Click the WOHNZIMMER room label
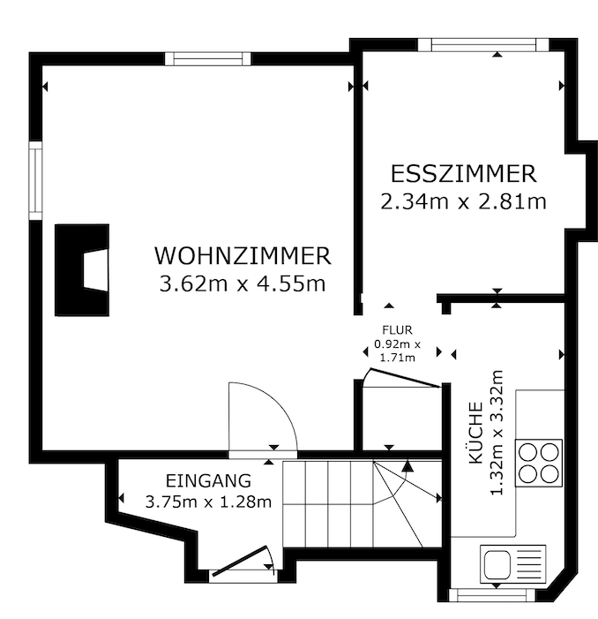[243, 256]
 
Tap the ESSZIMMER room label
[464, 174]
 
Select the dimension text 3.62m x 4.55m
[243, 283]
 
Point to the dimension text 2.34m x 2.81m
[464, 201]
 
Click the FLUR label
[398, 329]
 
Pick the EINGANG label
[208, 481]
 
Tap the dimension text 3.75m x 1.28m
[208, 502]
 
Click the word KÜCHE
[475, 433]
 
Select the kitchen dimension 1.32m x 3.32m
[496, 433]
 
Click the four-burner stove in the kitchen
[539, 463]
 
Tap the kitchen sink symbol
[512, 563]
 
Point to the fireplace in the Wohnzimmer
[82, 270]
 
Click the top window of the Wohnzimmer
[208, 59]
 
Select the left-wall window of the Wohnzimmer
[35, 180]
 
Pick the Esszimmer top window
[483, 45]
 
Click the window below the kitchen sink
[492, 594]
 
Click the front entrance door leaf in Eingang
[239, 561]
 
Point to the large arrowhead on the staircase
[407, 466]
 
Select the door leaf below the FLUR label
[404, 378]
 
